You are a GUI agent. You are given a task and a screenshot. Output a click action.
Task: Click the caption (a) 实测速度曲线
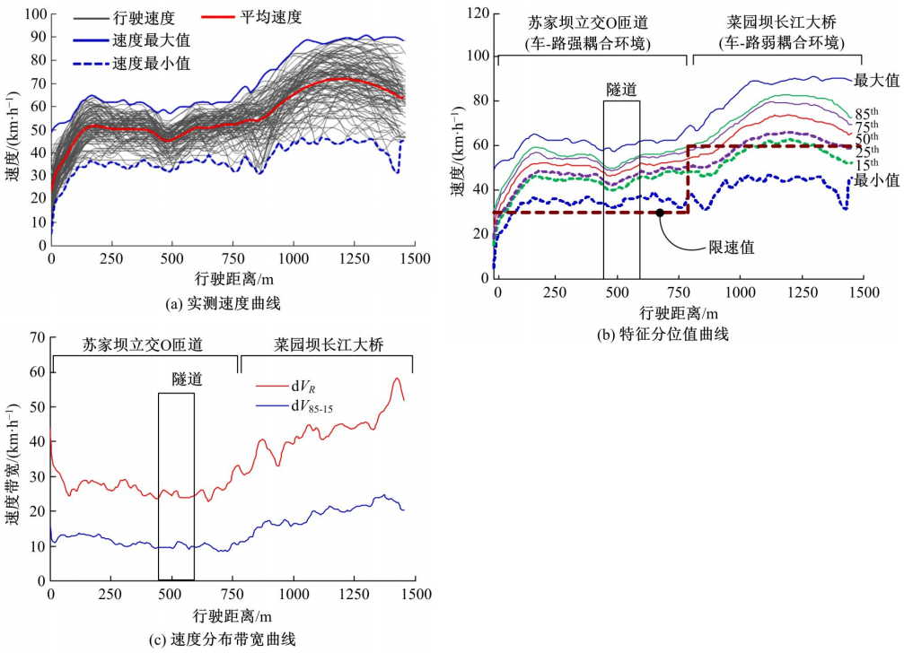pos(223,304)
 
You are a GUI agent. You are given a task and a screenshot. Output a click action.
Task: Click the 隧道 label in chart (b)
pos(622,90)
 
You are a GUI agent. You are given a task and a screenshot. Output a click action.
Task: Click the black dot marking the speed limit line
pos(660,213)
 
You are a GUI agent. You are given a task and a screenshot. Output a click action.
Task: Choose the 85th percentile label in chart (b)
pos(866,114)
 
